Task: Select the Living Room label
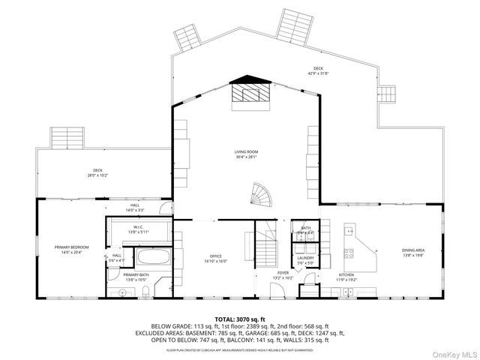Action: [x=247, y=154]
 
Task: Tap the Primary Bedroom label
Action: [x=71, y=250]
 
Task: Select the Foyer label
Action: [x=283, y=275]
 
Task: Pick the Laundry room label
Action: [x=306, y=260]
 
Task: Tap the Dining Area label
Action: [x=413, y=252]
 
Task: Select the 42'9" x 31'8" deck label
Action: [x=318, y=71]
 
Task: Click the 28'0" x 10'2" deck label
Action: [x=97, y=173]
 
